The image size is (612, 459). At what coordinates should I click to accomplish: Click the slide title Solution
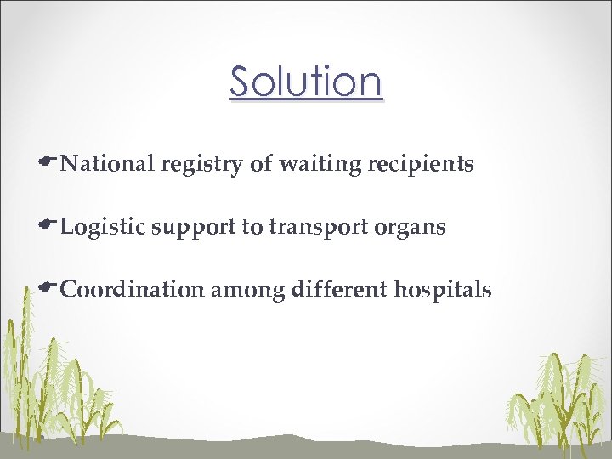click(x=306, y=82)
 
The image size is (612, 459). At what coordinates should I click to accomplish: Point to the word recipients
click(x=420, y=165)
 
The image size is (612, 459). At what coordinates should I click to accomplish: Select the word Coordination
click(x=133, y=291)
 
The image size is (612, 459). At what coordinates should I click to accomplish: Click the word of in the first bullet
click(x=261, y=164)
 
